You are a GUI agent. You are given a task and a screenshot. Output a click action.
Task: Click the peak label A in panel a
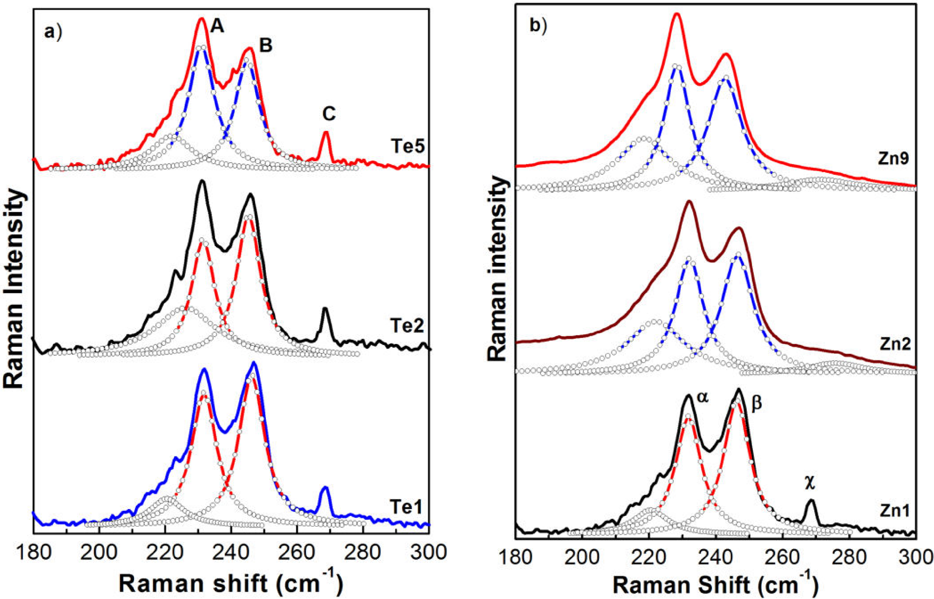point(217,27)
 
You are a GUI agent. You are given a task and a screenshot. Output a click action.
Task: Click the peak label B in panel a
point(265,46)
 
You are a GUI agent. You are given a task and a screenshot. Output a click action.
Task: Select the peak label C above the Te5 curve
point(329,114)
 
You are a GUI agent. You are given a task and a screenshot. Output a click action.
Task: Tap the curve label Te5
point(407,146)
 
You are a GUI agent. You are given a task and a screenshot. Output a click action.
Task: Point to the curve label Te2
point(407,325)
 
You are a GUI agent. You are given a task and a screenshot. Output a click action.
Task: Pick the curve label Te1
point(406,508)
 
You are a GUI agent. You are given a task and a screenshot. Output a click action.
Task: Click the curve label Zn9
point(893,159)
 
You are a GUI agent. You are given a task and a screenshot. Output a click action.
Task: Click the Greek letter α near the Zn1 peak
point(703,397)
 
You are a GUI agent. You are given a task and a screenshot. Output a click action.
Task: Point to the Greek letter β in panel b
point(757,403)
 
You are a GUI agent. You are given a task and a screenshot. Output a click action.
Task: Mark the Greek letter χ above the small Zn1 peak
point(810,483)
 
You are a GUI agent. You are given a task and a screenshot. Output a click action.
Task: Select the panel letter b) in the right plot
point(538,26)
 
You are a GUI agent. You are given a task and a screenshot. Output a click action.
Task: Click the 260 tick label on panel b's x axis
point(782,558)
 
